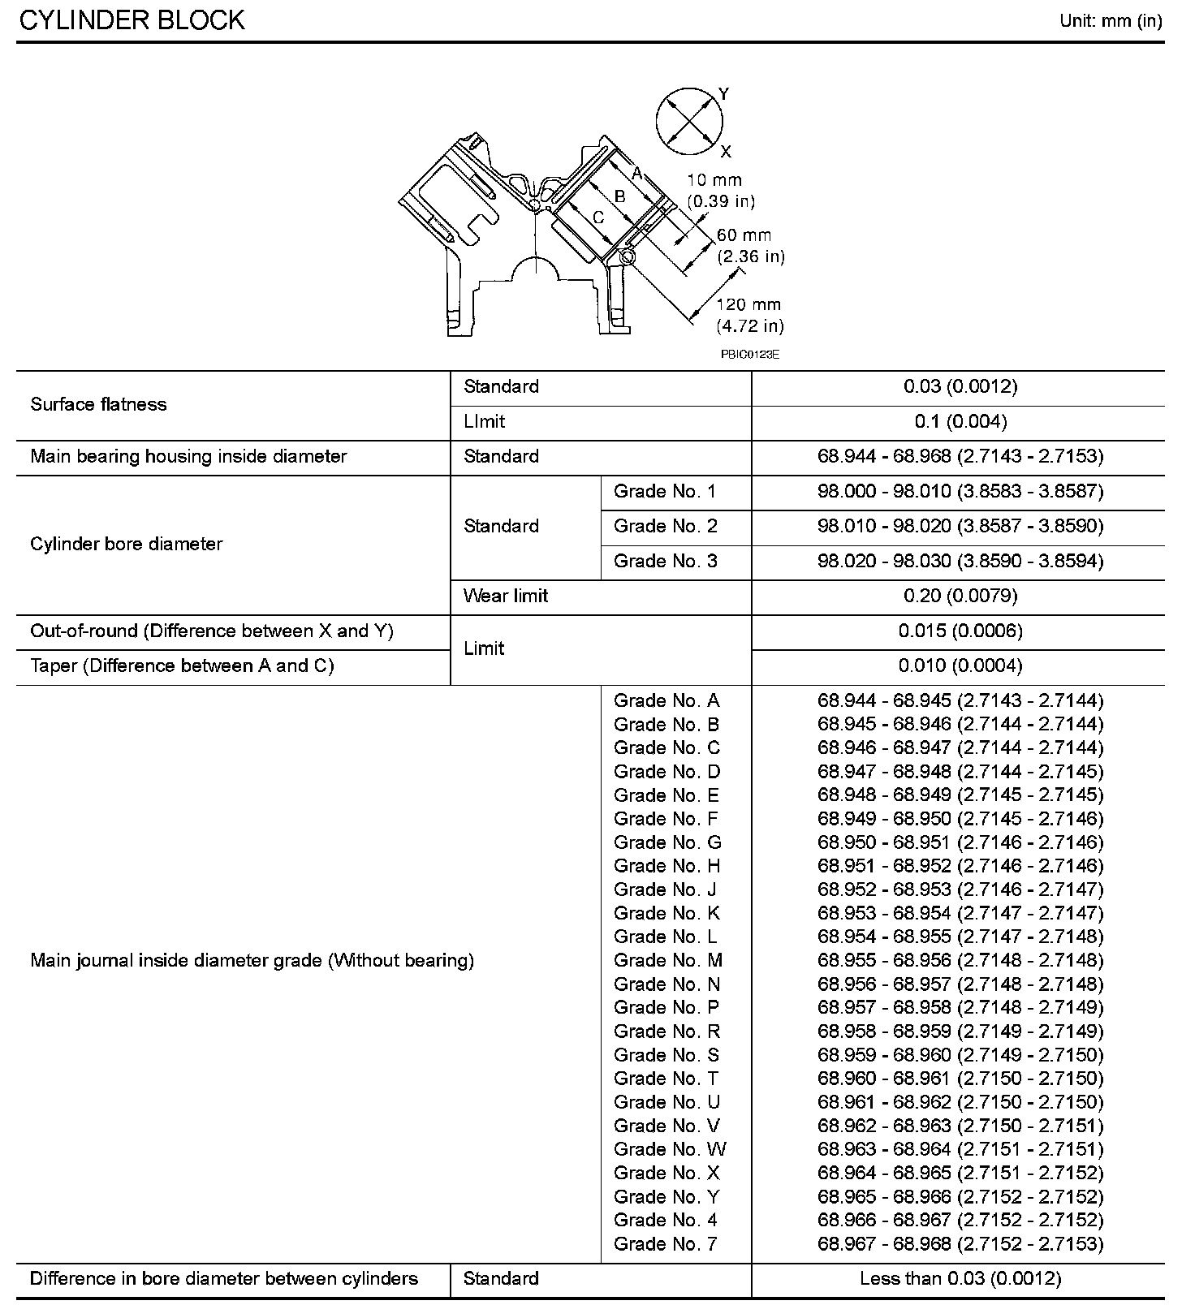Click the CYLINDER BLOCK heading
[x=132, y=20]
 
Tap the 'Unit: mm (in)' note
[x=1111, y=21]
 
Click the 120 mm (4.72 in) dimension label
[x=749, y=316]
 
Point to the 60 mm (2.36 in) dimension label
[x=750, y=246]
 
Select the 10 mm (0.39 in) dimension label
[x=720, y=191]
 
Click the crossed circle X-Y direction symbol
[x=688, y=122]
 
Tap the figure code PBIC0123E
[x=749, y=355]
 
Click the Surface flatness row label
[x=98, y=405]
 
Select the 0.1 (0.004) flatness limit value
[x=960, y=422]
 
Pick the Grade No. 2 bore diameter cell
[x=666, y=527]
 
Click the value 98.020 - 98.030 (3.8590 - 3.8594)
[x=960, y=562]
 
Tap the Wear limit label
[x=506, y=597]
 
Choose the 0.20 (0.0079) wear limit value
[x=960, y=597]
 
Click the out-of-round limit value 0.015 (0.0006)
[x=960, y=631]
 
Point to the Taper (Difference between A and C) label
[x=182, y=666]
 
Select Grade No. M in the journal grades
[x=668, y=961]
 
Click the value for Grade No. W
[x=960, y=1149]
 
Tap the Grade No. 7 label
[x=666, y=1244]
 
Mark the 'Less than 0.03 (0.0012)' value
[x=960, y=1279]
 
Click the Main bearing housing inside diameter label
[x=188, y=457]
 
